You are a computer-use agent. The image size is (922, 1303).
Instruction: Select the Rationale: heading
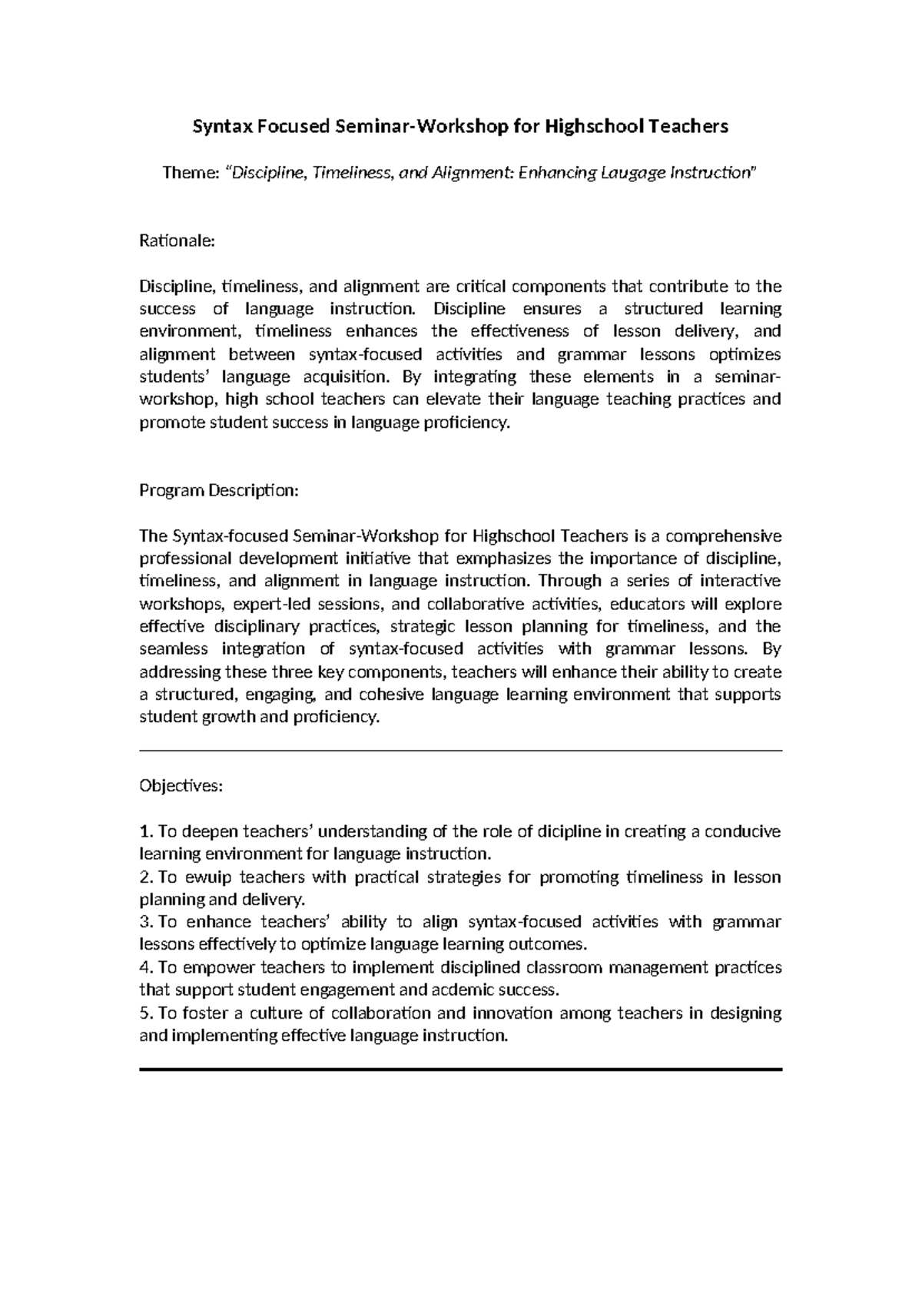pyautogui.click(x=176, y=241)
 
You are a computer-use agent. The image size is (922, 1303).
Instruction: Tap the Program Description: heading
pyautogui.click(x=218, y=490)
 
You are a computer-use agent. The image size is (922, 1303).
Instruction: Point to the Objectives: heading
pyautogui.click(x=181, y=786)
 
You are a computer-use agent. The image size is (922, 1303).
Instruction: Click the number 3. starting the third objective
pyautogui.click(x=147, y=922)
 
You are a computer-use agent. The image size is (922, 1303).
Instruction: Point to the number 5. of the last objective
pyautogui.click(x=147, y=1013)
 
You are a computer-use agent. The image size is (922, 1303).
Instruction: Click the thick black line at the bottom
pyautogui.click(x=460, y=1069)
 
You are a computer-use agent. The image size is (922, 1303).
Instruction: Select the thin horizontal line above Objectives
pyautogui.click(x=460, y=751)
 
